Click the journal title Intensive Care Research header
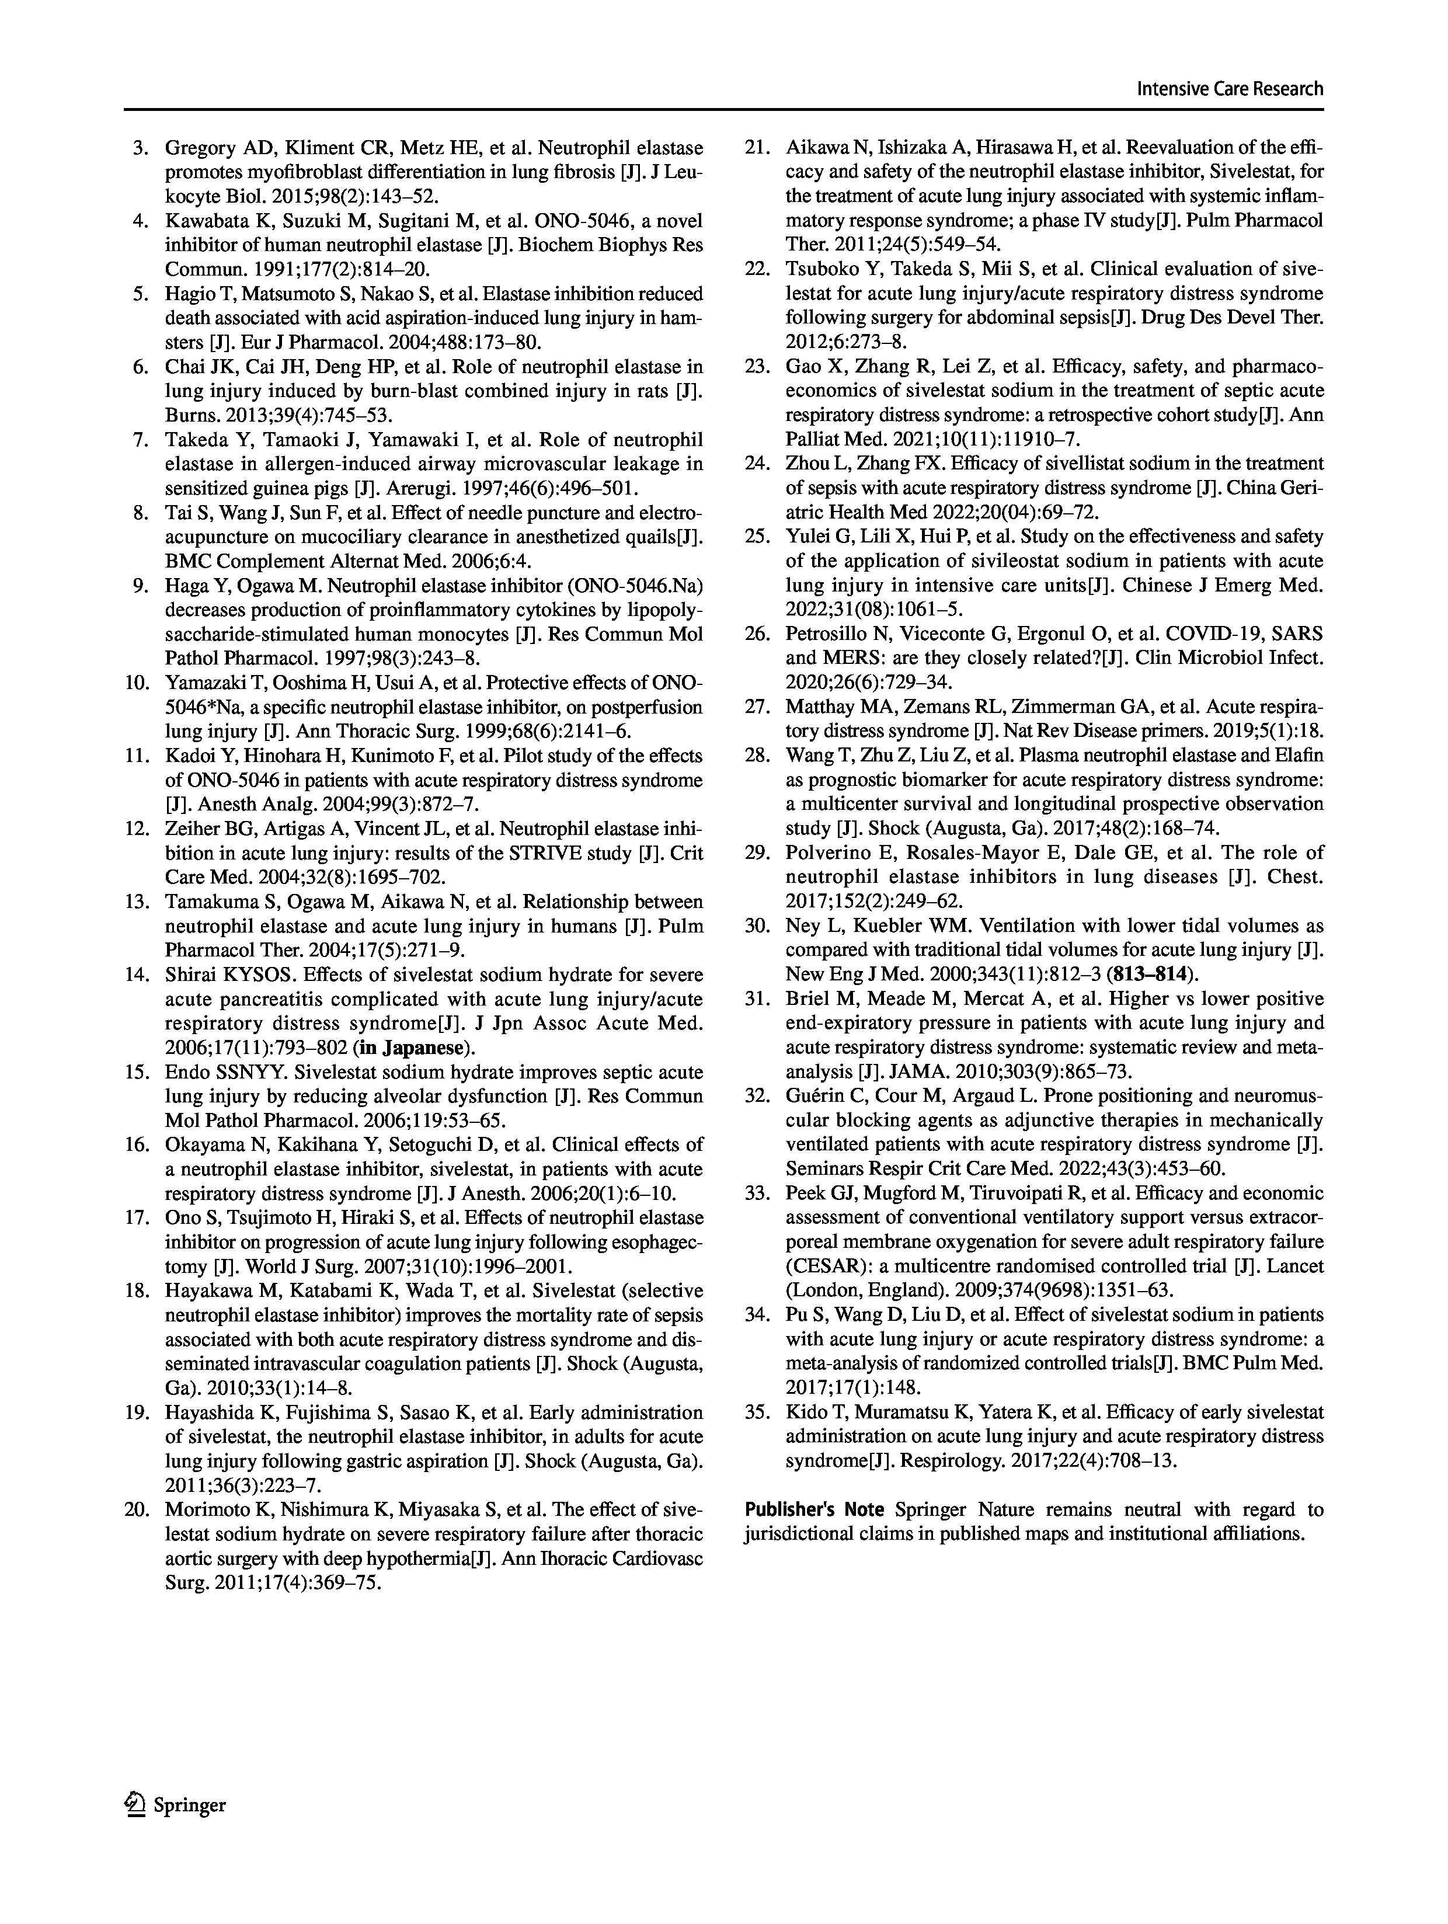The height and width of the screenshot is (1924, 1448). (x=1230, y=89)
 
